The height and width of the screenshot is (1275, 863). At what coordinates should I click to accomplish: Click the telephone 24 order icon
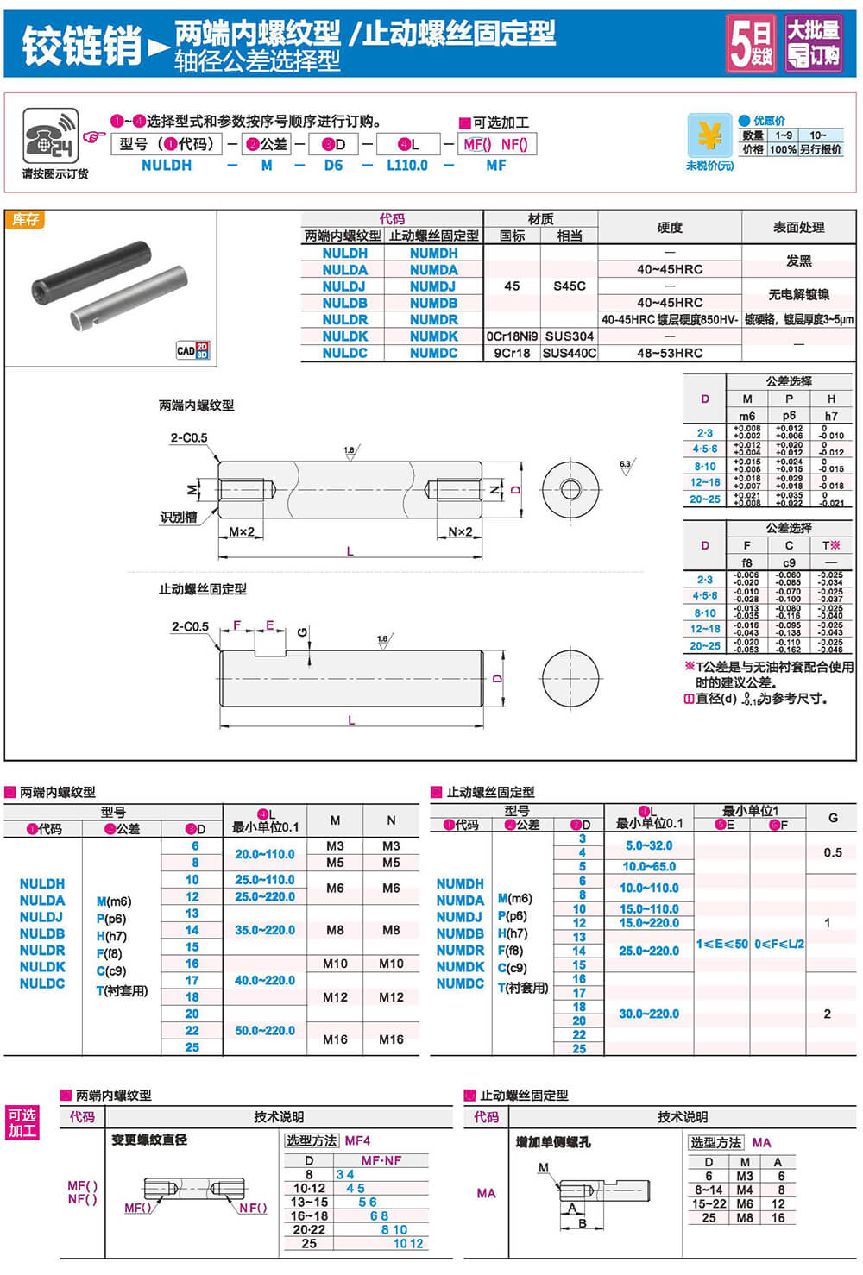(50, 136)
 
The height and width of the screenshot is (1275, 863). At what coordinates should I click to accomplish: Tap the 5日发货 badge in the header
(750, 42)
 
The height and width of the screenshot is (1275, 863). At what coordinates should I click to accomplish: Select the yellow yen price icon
(709, 135)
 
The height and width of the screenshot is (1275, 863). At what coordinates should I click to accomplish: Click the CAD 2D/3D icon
(192, 350)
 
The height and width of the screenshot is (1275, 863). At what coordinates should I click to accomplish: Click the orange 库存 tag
(25, 220)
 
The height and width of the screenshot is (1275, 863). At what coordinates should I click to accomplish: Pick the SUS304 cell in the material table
(570, 336)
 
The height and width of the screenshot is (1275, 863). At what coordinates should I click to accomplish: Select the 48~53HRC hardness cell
(670, 353)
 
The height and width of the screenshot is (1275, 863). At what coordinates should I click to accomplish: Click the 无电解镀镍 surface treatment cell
(798, 294)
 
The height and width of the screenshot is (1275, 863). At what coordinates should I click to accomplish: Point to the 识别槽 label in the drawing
(178, 518)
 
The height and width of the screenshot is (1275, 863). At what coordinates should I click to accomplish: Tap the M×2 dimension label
(242, 532)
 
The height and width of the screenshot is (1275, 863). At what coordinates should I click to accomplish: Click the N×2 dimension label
(460, 532)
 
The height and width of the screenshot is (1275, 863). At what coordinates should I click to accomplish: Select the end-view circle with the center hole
(570, 490)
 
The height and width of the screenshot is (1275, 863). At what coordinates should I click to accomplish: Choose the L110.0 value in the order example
(406, 165)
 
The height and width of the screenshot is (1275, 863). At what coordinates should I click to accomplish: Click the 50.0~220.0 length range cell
(265, 1031)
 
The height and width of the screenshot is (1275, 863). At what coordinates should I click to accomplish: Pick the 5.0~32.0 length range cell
(649, 845)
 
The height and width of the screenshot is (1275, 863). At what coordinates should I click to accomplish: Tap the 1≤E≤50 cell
(722, 945)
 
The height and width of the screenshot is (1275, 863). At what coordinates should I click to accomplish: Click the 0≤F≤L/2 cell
(779, 945)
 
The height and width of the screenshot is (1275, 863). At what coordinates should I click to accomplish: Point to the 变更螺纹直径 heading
(149, 1140)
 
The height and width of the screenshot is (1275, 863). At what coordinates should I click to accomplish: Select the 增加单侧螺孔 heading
(553, 1142)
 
